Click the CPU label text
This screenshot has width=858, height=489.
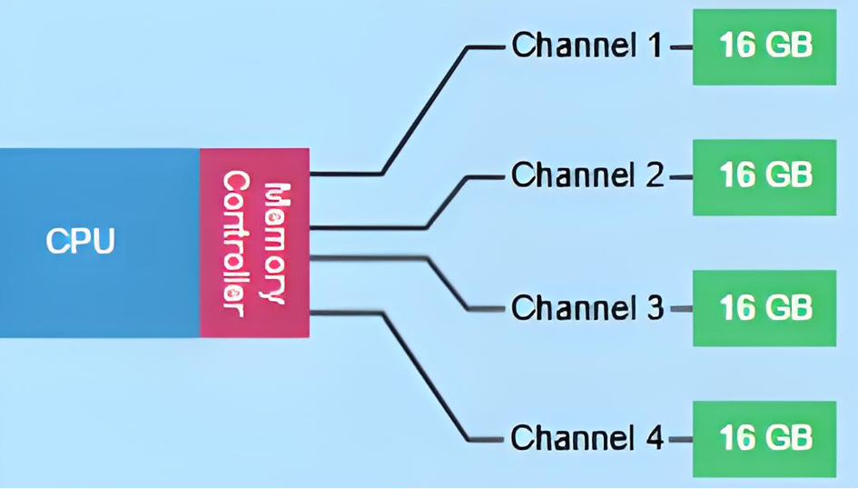[x=81, y=242]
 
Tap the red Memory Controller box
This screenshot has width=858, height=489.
[x=254, y=243]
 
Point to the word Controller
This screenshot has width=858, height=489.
[x=235, y=243]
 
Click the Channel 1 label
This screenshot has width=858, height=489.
[x=587, y=45]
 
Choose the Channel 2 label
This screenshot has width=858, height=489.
[x=587, y=175]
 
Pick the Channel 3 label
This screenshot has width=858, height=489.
[x=587, y=308]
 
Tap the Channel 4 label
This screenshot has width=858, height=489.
[x=587, y=438]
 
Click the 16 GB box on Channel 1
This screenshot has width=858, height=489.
[x=764, y=46]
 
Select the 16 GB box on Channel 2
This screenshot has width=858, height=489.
[x=764, y=176]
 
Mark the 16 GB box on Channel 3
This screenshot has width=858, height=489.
[x=764, y=308]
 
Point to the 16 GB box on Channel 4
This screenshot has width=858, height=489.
[x=764, y=438]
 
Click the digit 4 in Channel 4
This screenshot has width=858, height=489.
[x=655, y=438]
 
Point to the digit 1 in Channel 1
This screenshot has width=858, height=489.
[x=655, y=45]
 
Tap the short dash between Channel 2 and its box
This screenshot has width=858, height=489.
[x=681, y=176]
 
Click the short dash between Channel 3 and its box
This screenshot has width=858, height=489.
[x=681, y=309]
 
